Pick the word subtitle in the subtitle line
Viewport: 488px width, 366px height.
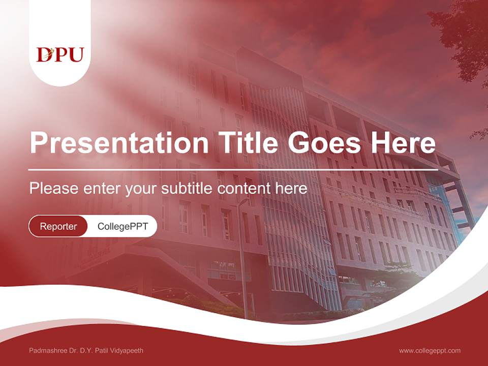188,189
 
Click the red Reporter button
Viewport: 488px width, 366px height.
58,226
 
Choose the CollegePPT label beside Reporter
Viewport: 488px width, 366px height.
123,226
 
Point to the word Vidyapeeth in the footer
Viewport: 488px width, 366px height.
127,351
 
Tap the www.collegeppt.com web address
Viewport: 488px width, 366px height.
430,350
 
